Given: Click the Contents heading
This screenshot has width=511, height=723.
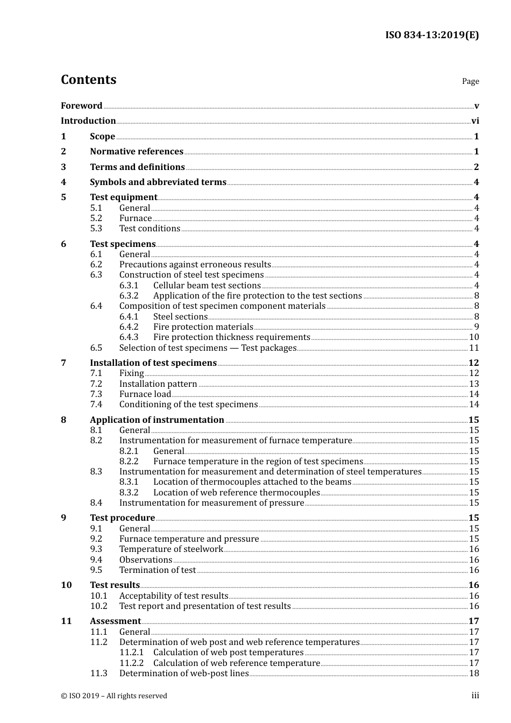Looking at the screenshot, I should click(x=88, y=80).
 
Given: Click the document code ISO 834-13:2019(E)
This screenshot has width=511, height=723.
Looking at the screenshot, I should click(x=431, y=36).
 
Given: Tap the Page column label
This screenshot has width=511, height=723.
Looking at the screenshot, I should click(x=470, y=81).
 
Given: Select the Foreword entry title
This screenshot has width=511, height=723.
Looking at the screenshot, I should click(x=81, y=106).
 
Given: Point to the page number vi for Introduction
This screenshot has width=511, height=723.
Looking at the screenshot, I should click(x=475, y=121).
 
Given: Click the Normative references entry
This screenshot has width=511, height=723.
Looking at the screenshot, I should click(x=137, y=152).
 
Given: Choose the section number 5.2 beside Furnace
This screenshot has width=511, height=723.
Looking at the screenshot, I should click(x=96, y=218).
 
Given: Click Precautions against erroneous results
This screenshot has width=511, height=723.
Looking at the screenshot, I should click(x=195, y=265).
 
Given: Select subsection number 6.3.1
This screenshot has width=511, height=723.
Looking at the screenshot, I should click(x=129, y=286).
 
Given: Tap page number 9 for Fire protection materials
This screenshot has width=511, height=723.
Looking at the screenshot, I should click(x=476, y=327).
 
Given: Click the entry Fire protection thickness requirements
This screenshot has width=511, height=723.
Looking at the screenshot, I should click(x=231, y=337).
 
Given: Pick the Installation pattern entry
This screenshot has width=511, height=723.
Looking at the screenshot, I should click(x=158, y=384).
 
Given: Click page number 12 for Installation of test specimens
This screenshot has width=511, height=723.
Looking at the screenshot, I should click(x=473, y=363).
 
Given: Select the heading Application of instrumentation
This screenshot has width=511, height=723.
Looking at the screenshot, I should click(x=157, y=420).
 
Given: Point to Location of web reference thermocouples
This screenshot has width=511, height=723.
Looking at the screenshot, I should click(x=236, y=493).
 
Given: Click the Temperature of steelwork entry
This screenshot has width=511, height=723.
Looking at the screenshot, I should click(x=171, y=549).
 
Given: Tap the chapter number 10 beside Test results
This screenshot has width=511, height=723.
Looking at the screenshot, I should click(x=66, y=585).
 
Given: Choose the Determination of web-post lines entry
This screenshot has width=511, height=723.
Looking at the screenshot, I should click(x=184, y=674).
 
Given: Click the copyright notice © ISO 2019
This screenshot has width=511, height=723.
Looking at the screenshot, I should click(x=114, y=696).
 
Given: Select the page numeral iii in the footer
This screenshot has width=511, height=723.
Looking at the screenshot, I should click(x=475, y=696).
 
